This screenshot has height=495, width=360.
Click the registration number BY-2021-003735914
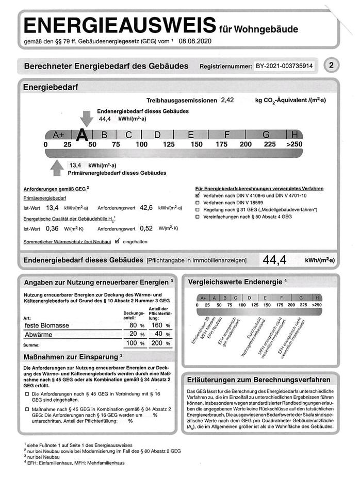[x=284, y=67]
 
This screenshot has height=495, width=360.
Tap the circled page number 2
[x=331, y=65]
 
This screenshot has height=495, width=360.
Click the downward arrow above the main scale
[x=87, y=118]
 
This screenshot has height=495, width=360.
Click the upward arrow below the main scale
[x=57, y=168]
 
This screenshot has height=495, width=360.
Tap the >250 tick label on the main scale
[x=294, y=144]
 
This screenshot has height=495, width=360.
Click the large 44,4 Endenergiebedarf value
[x=274, y=260]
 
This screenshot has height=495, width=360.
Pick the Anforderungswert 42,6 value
[x=146, y=208]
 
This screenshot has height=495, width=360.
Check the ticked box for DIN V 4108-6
[x=198, y=196]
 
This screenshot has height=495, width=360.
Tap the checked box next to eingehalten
[x=117, y=241]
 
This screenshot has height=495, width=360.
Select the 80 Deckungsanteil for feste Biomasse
[x=133, y=326]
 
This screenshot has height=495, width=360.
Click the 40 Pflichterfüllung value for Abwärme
[x=158, y=335]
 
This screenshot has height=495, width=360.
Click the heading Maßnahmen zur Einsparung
[x=71, y=356]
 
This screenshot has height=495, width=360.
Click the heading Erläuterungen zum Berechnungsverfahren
[x=259, y=379]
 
